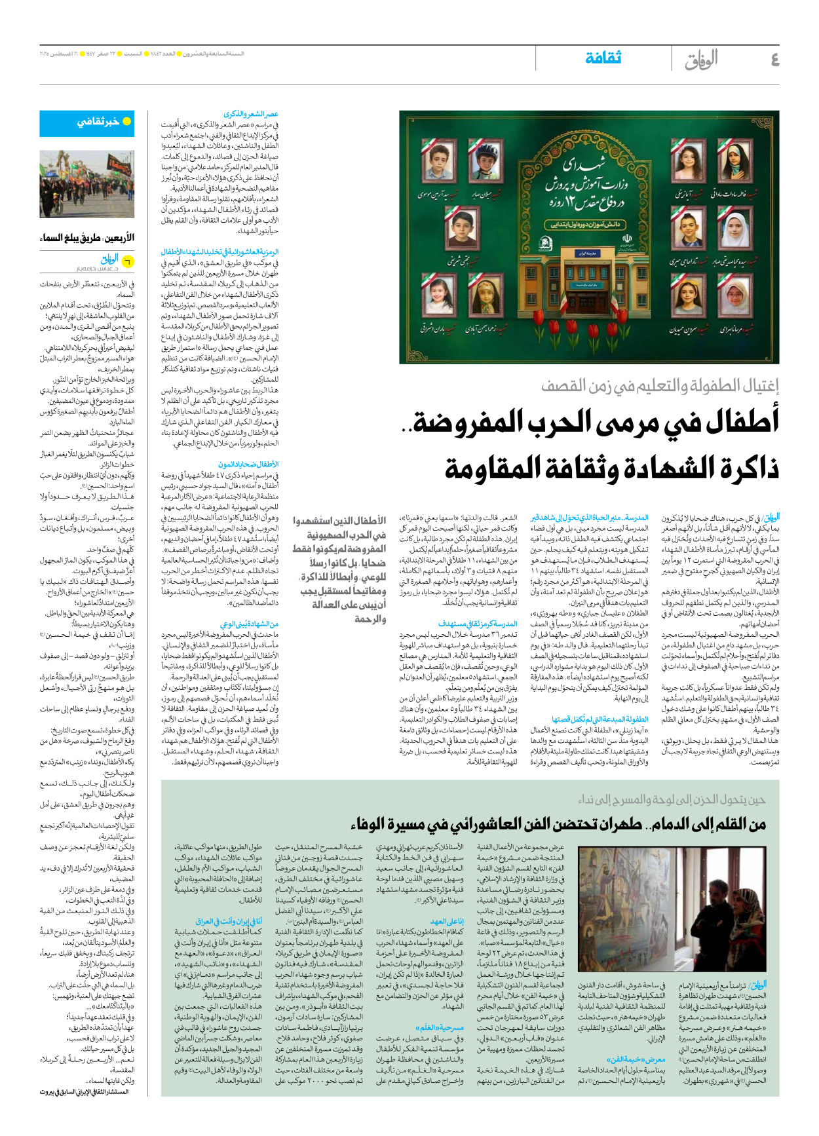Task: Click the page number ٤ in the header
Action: click(774, 60)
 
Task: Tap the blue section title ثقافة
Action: click(603, 58)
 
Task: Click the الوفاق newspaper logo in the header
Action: click(701, 60)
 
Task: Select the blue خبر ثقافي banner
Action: click(96, 122)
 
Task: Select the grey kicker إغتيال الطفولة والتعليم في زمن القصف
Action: click(660, 386)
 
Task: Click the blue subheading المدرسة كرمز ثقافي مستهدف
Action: click(478, 624)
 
